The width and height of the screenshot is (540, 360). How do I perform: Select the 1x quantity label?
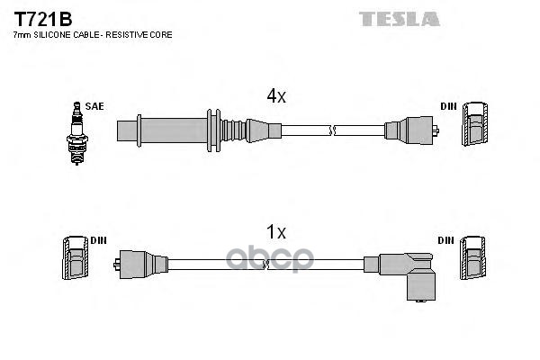[274, 231]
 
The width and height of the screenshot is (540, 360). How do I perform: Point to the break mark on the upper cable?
[333, 130]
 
